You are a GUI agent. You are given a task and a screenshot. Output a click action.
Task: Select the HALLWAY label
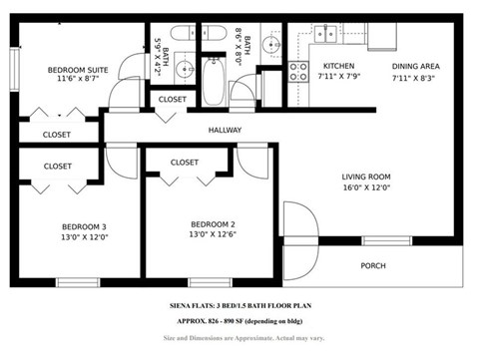(x=227, y=131)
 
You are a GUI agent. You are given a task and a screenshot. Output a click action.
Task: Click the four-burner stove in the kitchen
(x=298, y=70)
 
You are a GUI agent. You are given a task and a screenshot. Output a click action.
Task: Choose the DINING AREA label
(x=417, y=66)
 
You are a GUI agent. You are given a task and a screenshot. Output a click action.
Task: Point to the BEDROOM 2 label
(x=211, y=223)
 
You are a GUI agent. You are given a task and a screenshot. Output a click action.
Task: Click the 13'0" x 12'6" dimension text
(x=211, y=236)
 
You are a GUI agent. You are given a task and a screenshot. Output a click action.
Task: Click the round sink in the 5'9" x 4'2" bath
(x=185, y=71)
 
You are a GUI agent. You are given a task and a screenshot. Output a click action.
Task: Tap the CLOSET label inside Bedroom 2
(x=185, y=163)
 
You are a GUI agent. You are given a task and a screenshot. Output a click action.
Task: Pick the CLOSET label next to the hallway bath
(x=172, y=100)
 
